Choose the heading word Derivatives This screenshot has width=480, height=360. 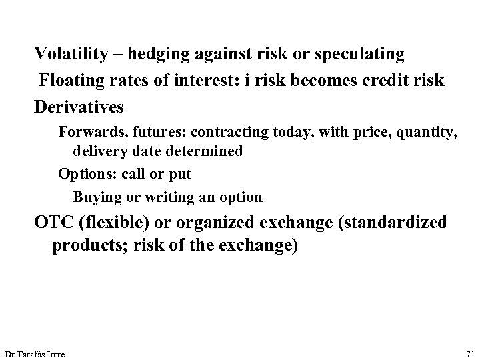[x=79, y=107]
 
